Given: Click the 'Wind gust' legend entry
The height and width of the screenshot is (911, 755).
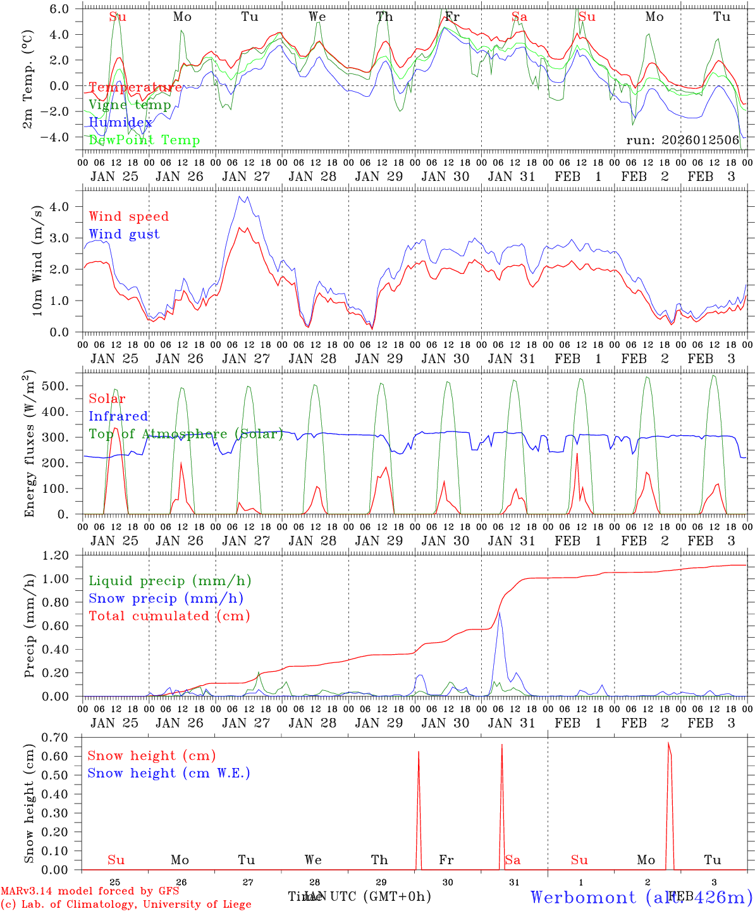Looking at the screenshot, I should [x=124, y=234].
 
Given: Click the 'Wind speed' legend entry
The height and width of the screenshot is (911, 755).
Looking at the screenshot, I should [x=128, y=216].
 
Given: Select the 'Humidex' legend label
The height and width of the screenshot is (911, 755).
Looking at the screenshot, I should [x=120, y=123].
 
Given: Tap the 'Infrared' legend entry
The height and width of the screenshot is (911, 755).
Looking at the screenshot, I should [x=118, y=416].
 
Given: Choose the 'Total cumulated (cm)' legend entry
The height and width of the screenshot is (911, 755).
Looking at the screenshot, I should [x=169, y=616].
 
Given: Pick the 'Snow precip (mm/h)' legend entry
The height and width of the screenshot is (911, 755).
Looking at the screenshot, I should [x=166, y=598].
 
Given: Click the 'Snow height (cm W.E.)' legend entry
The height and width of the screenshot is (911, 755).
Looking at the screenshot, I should [x=168, y=773].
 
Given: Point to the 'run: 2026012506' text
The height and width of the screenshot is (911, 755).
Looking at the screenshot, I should [x=682, y=140].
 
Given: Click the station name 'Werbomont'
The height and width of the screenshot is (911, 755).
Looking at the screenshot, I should [x=583, y=897].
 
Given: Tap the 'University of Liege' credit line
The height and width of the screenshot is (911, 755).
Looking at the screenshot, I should [x=126, y=904].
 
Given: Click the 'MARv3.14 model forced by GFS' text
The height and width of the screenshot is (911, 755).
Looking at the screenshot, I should [x=89, y=891].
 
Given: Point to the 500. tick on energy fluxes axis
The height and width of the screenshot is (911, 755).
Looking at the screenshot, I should [x=62, y=386].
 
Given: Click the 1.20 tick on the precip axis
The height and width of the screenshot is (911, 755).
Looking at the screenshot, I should [x=56, y=555].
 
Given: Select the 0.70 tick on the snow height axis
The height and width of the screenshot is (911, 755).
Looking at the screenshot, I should [x=55, y=737].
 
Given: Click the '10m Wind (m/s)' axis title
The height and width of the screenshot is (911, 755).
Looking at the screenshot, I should [x=37, y=261].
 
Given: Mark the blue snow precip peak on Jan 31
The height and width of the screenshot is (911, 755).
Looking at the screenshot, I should [x=500, y=612].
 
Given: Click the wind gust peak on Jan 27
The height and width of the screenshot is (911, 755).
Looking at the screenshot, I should [x=240, y=196].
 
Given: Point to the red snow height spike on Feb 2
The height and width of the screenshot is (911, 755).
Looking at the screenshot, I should [x=668, y=743].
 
